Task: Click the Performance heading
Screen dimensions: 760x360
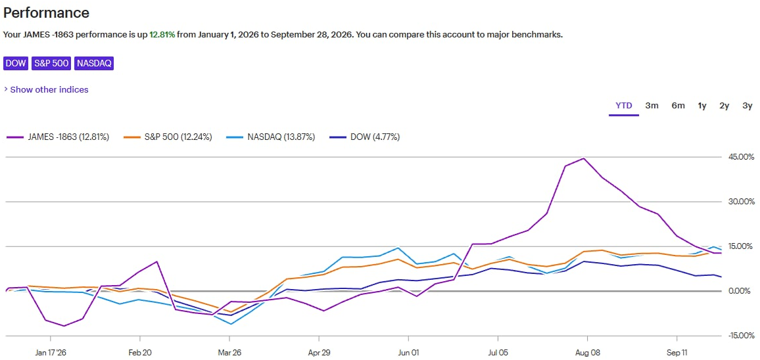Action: tap(46, 12)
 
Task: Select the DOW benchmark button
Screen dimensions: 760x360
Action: tap(16, 64)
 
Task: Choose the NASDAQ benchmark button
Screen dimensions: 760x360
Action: tap(94, 64)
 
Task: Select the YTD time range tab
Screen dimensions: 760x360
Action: tap(624, 106)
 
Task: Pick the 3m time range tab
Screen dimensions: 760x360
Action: tap(652, 106)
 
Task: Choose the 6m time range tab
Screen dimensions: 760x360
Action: tap(678, 106)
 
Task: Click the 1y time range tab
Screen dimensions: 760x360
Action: tap(702, 106)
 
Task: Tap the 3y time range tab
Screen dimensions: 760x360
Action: tap(748, 106)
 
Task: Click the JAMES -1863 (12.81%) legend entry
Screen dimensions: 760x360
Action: tap(58, 137)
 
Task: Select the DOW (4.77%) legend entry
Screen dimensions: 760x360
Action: tap(364, 137)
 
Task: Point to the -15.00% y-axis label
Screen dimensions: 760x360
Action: tap(739, 335)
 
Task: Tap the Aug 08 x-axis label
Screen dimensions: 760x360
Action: tap(587, 352)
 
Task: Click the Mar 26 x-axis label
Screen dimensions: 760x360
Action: tap(229, 352)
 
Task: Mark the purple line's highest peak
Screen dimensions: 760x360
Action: tap(584, 158)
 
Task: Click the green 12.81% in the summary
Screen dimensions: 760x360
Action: tap(162, 35)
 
